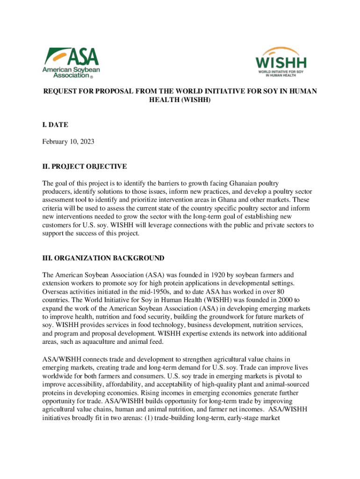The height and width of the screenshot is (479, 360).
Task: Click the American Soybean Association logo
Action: tap(72, 62)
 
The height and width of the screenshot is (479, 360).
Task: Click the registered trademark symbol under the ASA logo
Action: tap(91, 76)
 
